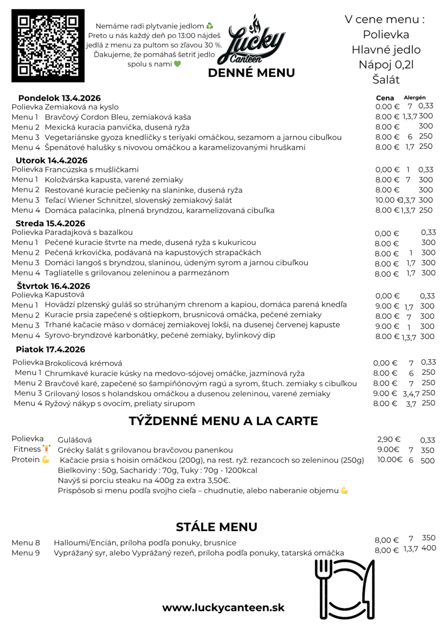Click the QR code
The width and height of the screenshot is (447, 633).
pos(48,46)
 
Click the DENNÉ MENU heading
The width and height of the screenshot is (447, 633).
pos(251,73)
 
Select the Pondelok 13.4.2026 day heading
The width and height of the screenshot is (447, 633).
pos(59,98)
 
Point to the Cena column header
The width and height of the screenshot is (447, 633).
pos(385,98)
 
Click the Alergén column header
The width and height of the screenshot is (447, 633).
pos(415,97)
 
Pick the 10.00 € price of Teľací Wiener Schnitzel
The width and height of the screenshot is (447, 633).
pos(385,200)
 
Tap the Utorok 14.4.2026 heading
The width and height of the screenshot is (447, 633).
pos(52,160)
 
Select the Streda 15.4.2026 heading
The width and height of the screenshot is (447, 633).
pos(50,223)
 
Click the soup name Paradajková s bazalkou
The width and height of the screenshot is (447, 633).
pos(88,233)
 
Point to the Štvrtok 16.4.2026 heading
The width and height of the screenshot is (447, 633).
pos(53,286)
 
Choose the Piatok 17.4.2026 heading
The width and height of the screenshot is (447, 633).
pos(51,349)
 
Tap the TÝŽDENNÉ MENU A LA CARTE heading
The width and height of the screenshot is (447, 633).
pos(223,421)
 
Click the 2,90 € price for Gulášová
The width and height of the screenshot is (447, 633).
pos(388,440)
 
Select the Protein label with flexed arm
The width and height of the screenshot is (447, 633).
pos(30,460)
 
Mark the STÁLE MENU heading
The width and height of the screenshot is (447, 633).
pos(217,527)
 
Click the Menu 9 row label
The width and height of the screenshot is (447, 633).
pos(26,553)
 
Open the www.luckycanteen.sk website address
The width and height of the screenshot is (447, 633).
pos(223,608)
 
